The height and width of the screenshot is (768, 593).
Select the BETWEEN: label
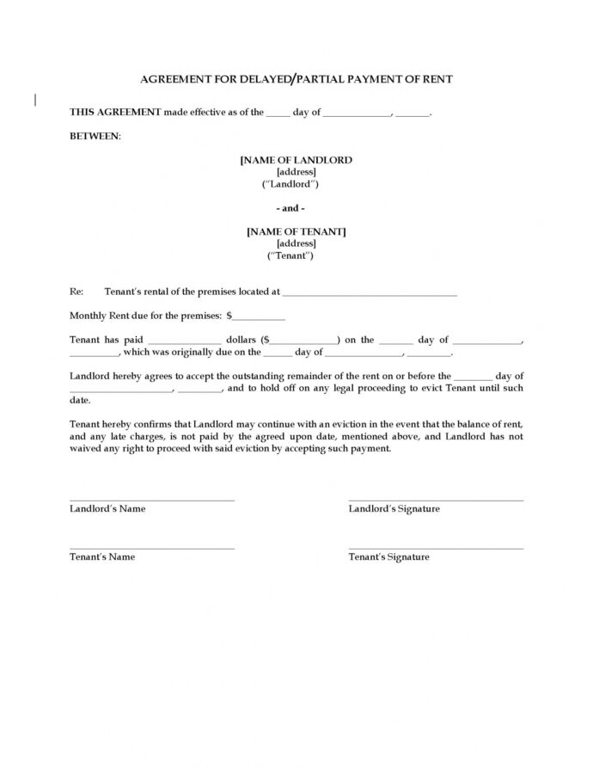[95, 136]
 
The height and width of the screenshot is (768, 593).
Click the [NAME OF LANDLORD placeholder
[296, 160]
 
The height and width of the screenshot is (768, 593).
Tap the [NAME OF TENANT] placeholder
[296, 231]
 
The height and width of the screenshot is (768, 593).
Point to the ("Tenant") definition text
[290, 255]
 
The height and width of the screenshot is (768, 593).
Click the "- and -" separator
[290, 208]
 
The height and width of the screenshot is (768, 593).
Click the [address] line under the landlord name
[296, 172]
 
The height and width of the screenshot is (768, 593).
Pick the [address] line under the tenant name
[296, 243]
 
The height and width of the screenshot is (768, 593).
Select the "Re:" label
[76, 292]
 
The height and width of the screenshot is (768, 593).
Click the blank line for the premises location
[370, 294]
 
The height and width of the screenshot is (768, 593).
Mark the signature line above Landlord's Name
[151, 500]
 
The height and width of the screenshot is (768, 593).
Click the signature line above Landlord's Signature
[435, 500]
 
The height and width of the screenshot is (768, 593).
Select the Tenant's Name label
[102, 556]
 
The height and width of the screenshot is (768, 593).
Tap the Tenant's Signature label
[388, 556]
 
